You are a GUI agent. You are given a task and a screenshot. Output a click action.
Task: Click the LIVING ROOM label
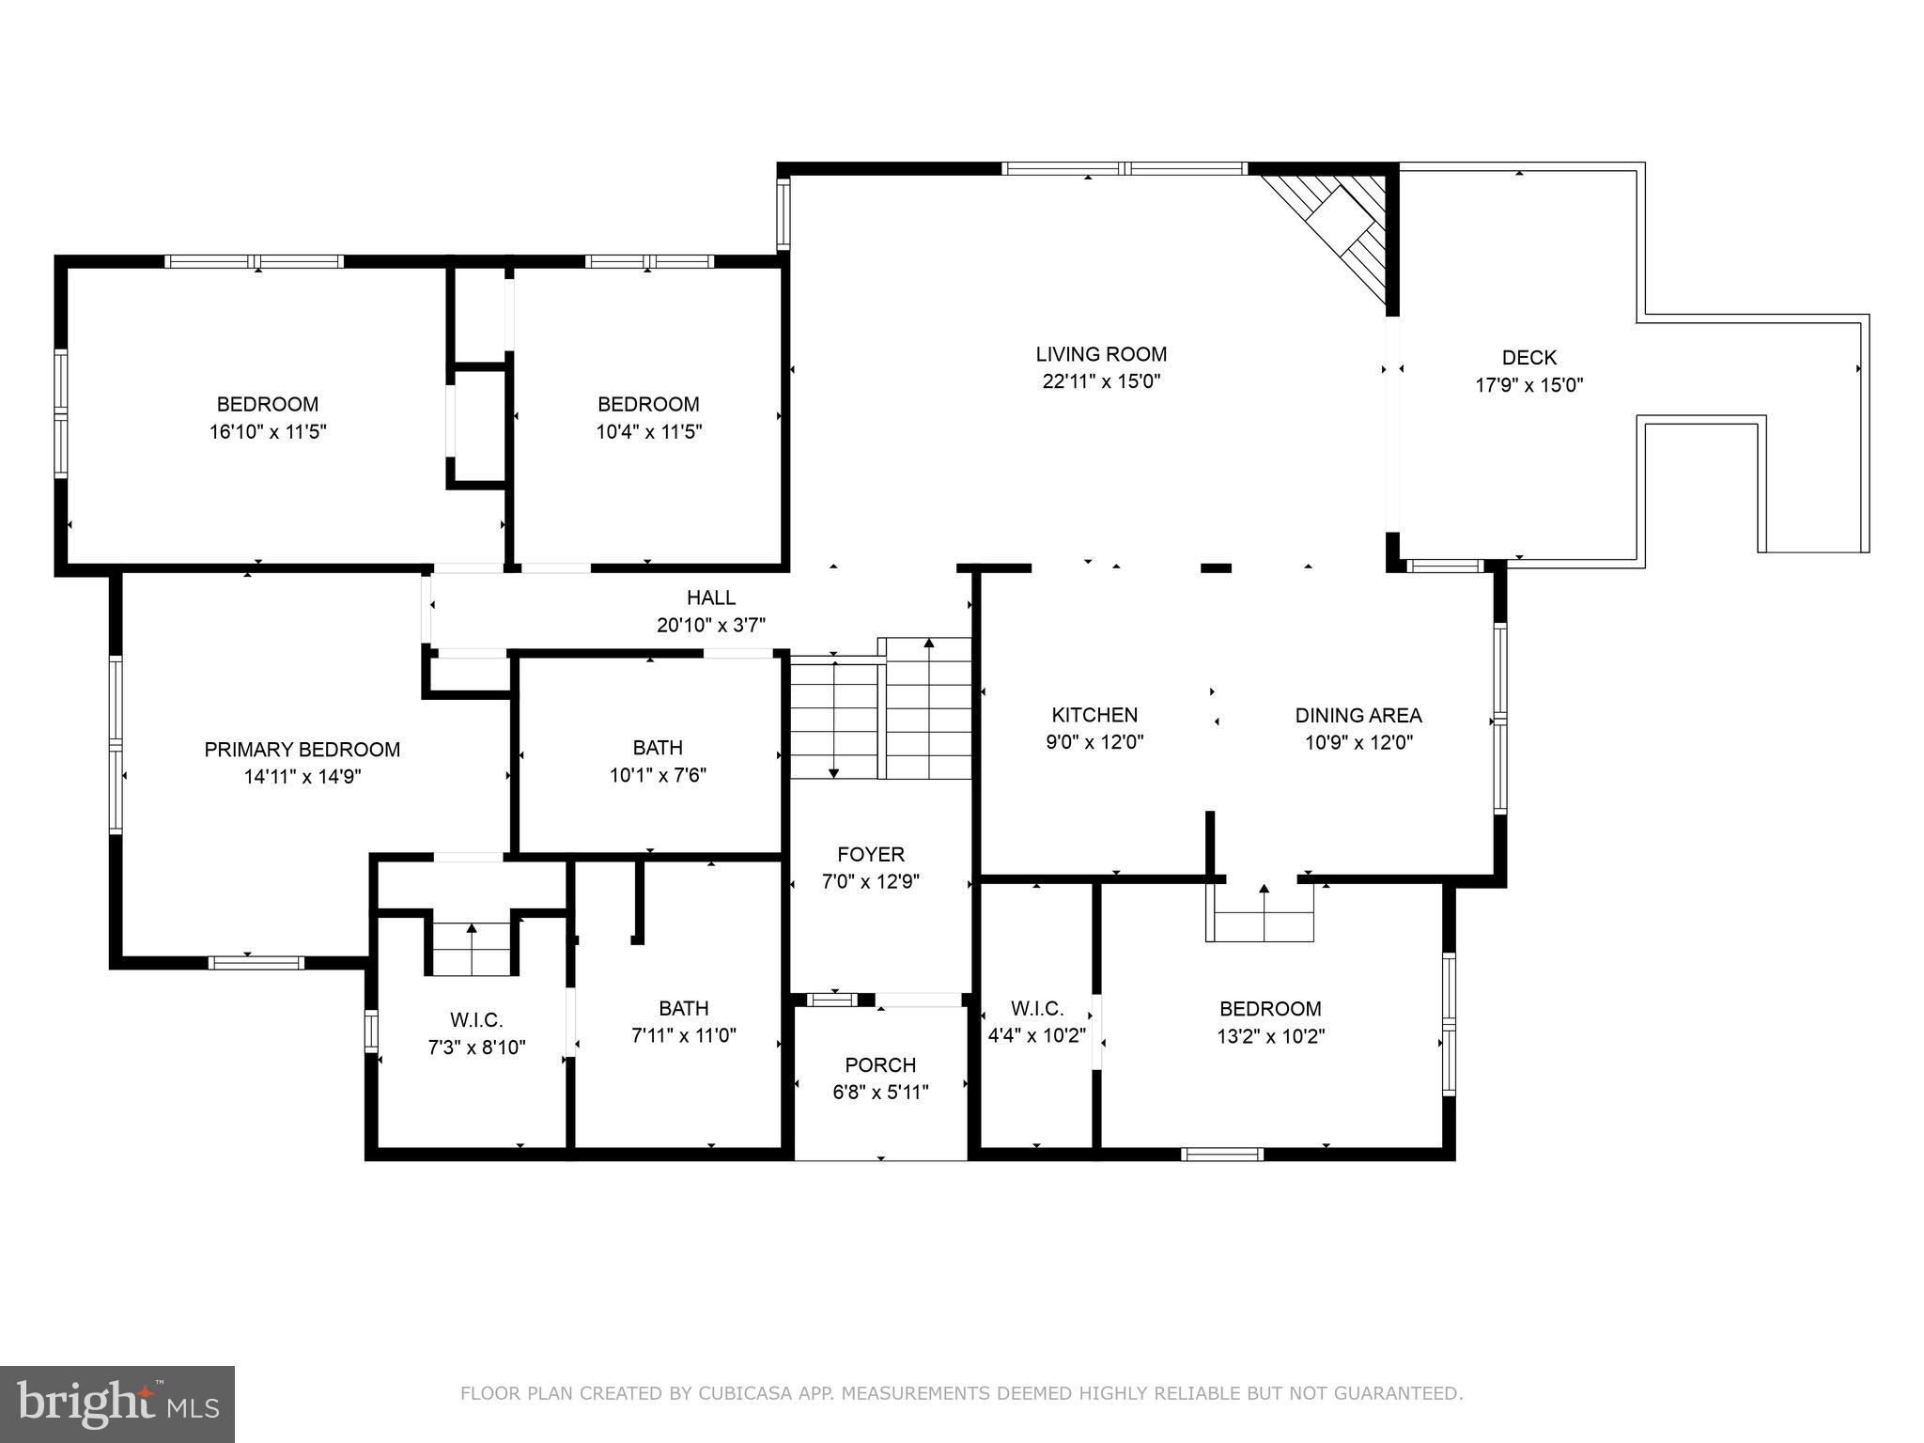click(1101, 354)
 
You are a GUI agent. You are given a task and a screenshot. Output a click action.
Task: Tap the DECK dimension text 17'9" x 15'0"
click(1528, 385)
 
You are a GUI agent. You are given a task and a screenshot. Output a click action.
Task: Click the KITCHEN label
click(1094, 715)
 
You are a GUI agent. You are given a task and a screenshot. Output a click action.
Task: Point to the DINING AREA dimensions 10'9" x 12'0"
click(1358, 742)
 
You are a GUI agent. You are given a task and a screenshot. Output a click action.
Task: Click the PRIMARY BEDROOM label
click(302, 749)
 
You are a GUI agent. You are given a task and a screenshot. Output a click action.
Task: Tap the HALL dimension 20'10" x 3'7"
click(711, 625)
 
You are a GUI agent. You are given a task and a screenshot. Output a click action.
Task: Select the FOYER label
click(871, 854)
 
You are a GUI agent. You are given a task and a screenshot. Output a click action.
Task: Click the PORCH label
click(880, 1064)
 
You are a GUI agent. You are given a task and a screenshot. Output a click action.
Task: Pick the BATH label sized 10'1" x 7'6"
click(658, 748)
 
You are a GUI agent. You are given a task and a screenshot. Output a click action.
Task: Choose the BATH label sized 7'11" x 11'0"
click(683, 1008)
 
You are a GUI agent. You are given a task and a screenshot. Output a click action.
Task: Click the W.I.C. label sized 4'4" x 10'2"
click(1037, 1008)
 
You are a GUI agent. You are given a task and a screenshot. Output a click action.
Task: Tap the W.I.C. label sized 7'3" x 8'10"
click(476, 1019)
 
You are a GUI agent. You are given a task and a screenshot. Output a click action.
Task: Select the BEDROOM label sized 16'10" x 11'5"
click(268, 404)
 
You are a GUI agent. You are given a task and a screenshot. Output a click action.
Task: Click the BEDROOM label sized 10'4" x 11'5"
click(648, 404)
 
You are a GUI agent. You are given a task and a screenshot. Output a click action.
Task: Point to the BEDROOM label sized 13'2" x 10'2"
click(1270, 1008)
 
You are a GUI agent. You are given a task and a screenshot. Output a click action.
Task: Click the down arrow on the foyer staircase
click(834, 771)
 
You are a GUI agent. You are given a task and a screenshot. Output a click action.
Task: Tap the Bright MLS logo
click(117, 1404)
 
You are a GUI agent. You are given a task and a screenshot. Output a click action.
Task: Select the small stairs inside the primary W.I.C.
click(472, 947)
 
